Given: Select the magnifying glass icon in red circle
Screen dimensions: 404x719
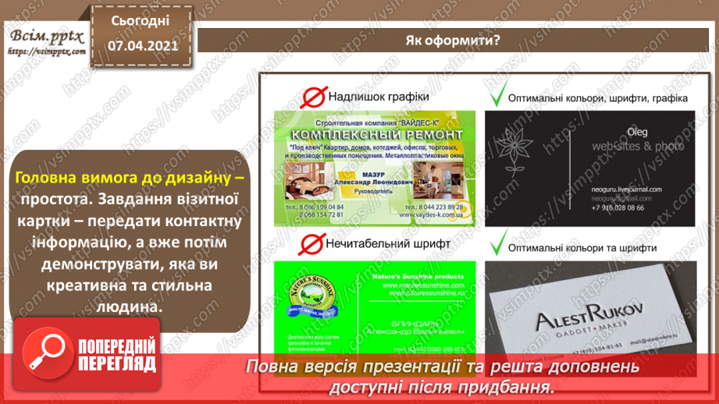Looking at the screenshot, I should (49, 355).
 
